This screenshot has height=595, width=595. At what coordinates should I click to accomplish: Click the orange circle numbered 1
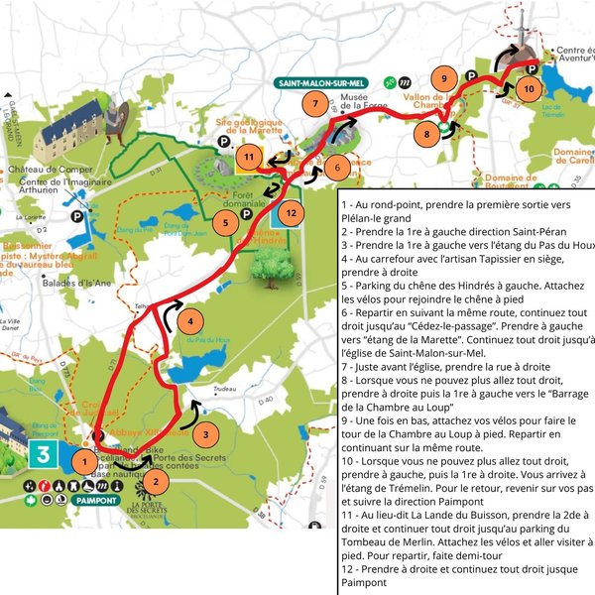tap(86, 460)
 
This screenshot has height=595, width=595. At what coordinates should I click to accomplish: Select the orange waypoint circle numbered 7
tap(314, 103)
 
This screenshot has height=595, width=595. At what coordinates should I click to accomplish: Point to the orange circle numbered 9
tap(444, 78)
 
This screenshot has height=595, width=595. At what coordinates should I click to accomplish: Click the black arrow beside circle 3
tap(193, 406)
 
